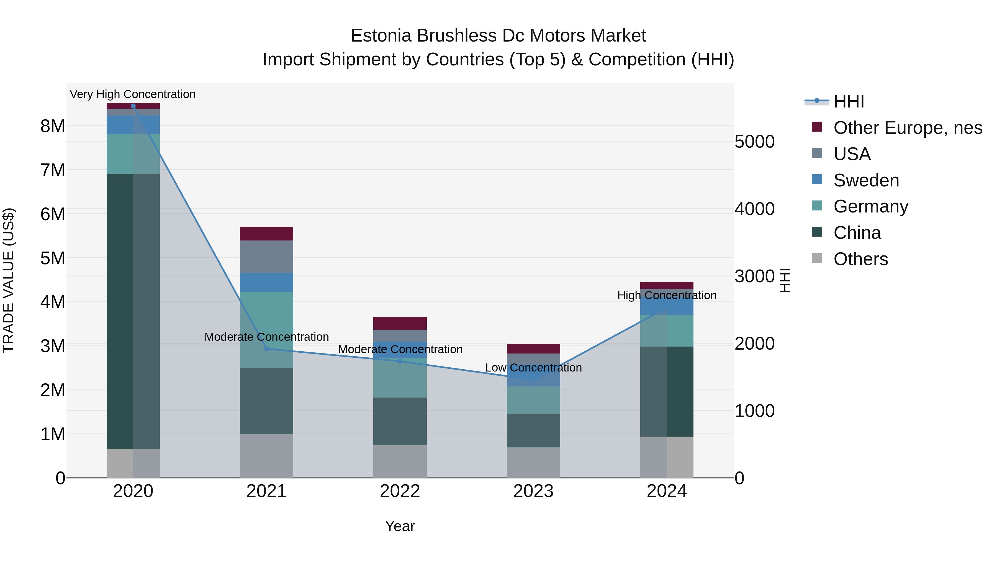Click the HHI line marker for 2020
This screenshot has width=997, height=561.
(133, 106)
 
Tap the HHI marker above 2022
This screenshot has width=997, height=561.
(400, 361)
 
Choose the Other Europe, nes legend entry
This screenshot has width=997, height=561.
(908, 128)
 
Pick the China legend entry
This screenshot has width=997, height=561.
(857, 233)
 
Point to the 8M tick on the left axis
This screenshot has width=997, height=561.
(53, 126)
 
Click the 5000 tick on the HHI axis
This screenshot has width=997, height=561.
(754, 142)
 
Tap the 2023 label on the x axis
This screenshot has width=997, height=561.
(533, 491)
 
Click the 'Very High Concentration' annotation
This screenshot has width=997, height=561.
(133, 94)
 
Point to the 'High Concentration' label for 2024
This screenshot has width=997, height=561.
(667, 295)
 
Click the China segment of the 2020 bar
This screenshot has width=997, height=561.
(133, 310)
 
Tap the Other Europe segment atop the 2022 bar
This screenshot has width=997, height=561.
(400, 323)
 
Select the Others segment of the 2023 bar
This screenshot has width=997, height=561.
(533, 463)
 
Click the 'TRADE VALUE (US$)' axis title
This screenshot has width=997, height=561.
(9, 280)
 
